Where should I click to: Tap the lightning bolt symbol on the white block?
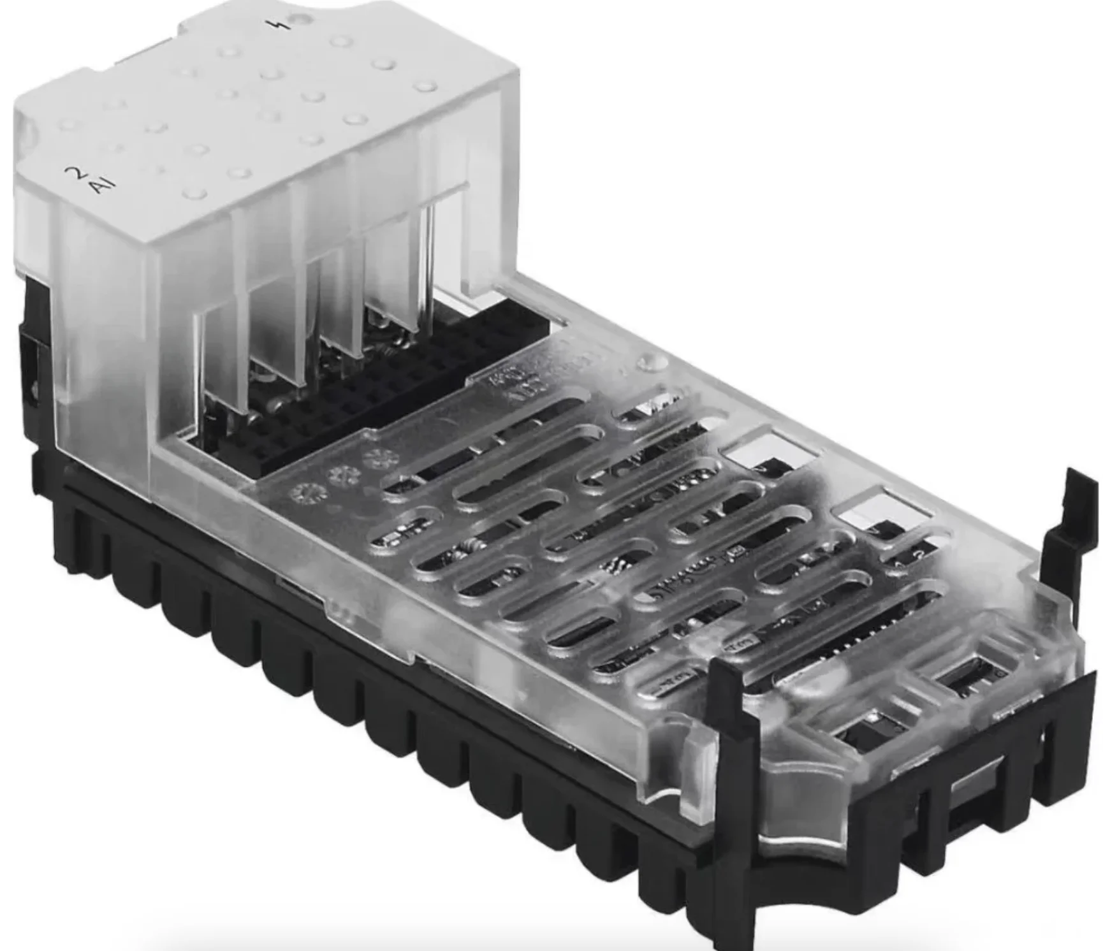pyautogui.click(x=279, y=25)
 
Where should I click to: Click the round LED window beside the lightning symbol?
pyautogui.click(x=298, y=18)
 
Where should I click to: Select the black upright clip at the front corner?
pyautogui.click(x=733, y=765)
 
